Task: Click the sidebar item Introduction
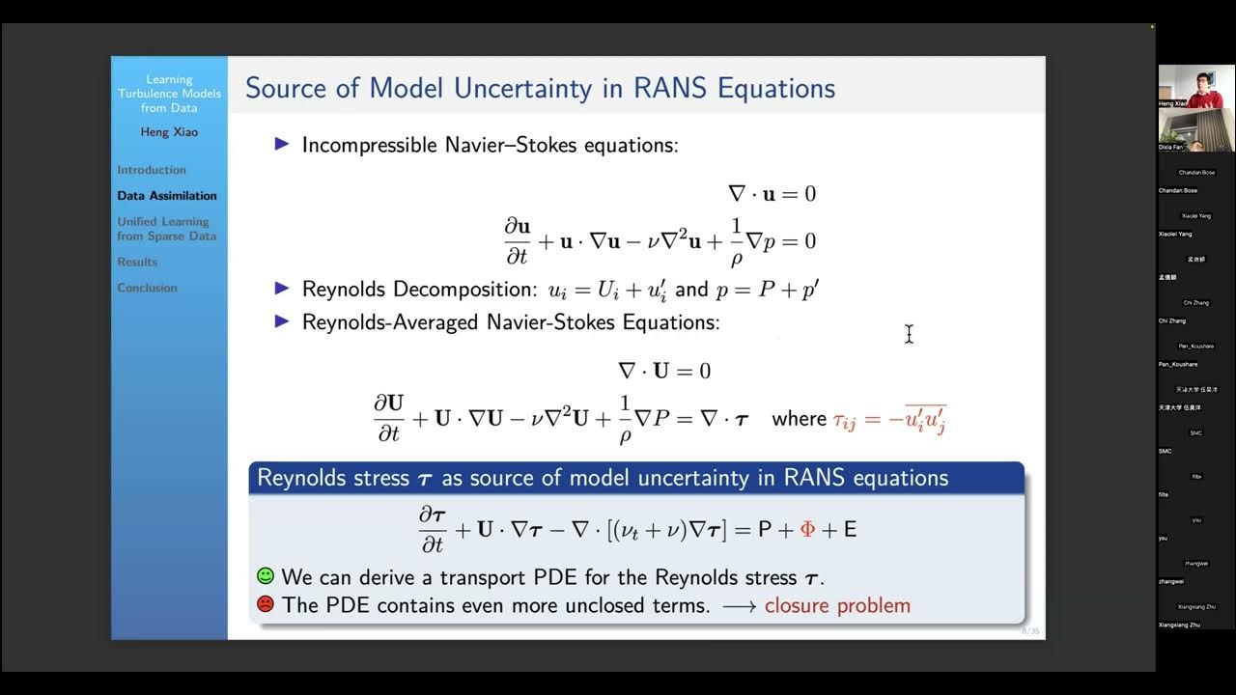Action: tap(152, 170)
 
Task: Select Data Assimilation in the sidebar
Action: tap(167, 196)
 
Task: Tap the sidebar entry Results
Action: tap(137, 262)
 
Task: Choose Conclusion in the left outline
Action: tap(147, 288)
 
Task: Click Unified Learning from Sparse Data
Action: tap(166, 229)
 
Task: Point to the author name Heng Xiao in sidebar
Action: tap(169, 132)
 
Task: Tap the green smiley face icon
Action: tap(266, 576)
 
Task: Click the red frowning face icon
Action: tap(266, 605)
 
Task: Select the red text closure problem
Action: tap(837, 606)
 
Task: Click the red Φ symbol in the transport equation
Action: tap(807, 529)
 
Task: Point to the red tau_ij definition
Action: tap(888, 419)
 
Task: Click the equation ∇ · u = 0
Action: tap(772, 194)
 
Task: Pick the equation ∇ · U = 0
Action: tap(664, 371)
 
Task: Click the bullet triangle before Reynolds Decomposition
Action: tap(282, 289)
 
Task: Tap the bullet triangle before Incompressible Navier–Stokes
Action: tap(282, 144)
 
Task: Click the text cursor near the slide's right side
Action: tap(909, 334)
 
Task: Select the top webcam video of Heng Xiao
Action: tap(1195, 86)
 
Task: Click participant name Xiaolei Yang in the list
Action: tap(1175, 234)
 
